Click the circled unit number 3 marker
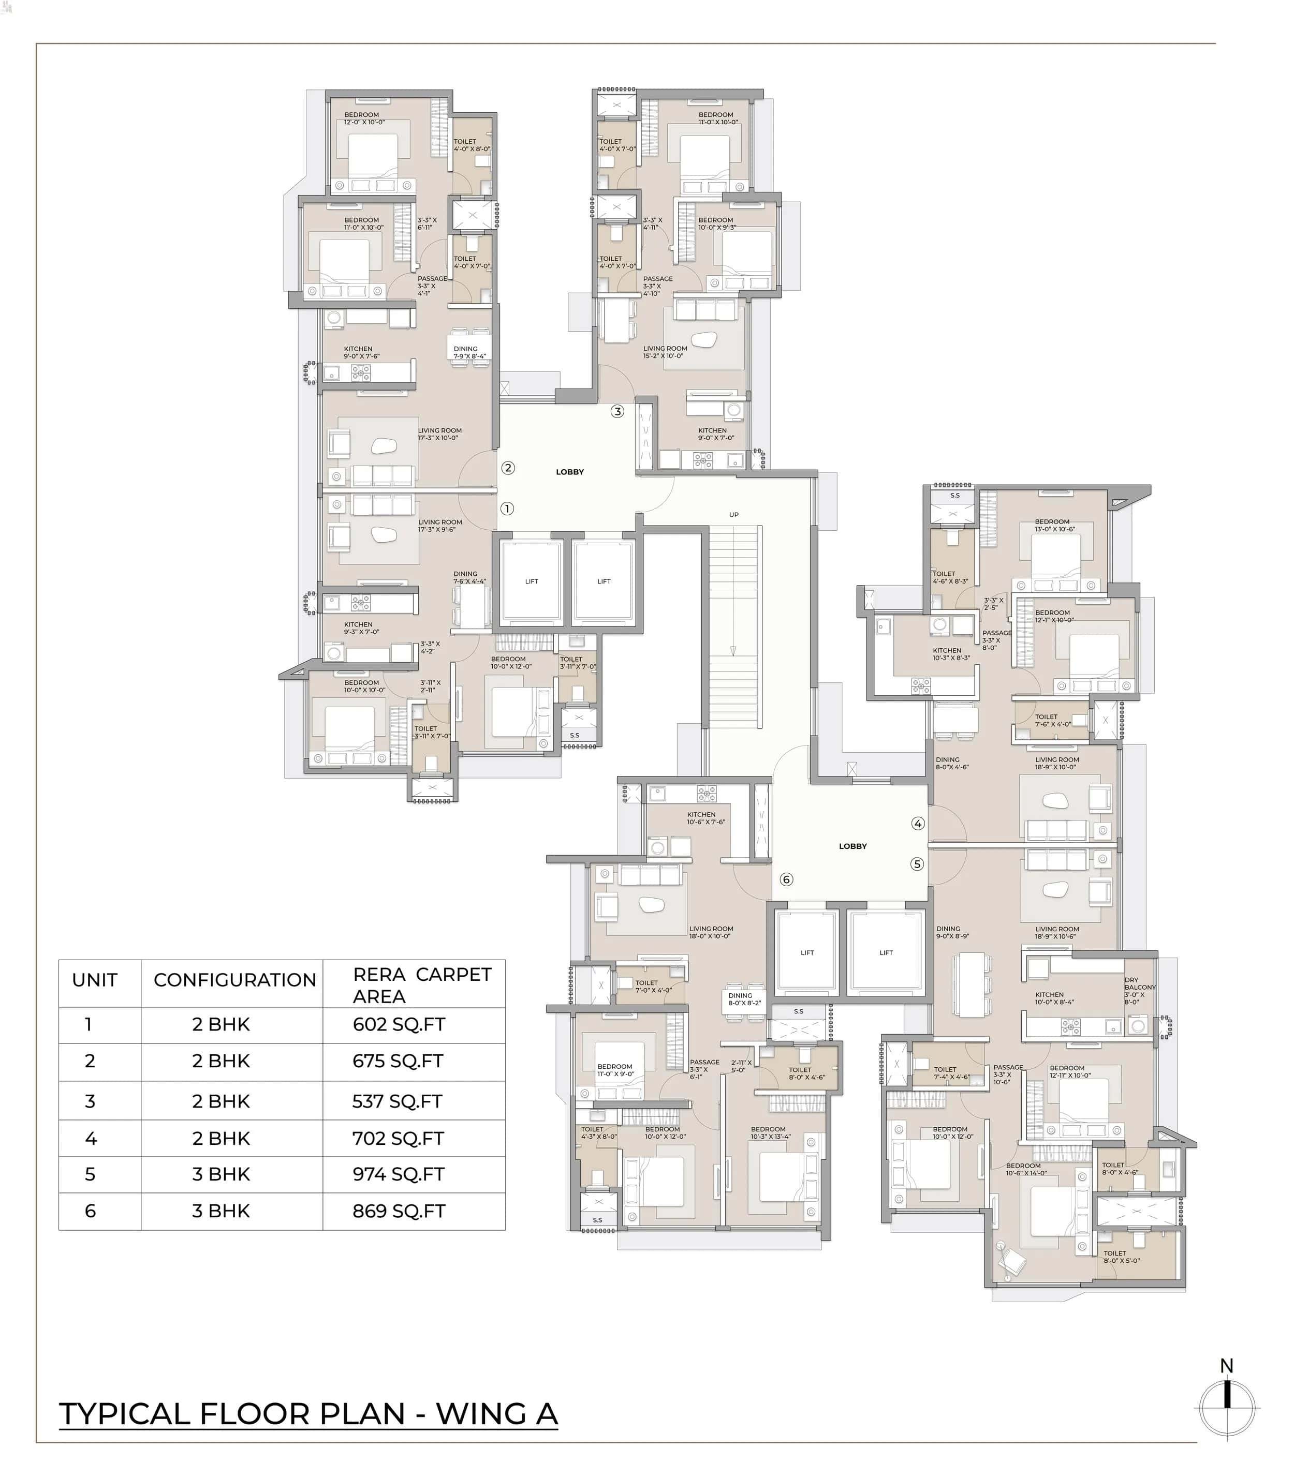[x=616, y=411]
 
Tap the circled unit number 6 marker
[x=786, y=879]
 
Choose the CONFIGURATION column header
[x=234, y=980]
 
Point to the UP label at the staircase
[x=733, y=515]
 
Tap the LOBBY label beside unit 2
[x=570, y=472]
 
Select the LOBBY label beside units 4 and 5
[x=853, y=846]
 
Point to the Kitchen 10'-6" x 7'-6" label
[x=705, y=818]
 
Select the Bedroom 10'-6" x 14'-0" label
[x=1025, y=1169]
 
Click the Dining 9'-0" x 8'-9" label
[x=952, y=932]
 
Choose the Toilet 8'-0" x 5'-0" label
[x=1121, y=1257]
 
